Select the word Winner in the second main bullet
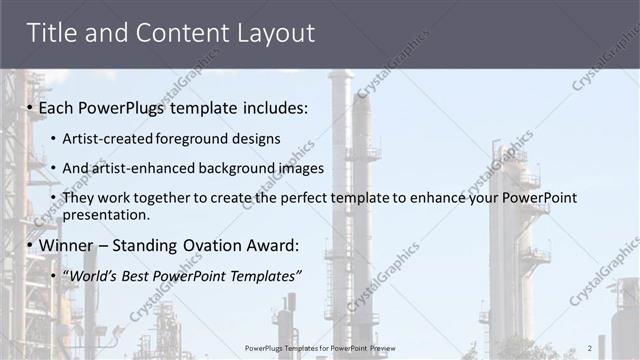[x=71, y=244]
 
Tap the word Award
[x=274, y=244]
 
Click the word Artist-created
[x=108, y=138]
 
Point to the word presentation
[x=106, y=214]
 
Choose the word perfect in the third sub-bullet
[x=289, y=198]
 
